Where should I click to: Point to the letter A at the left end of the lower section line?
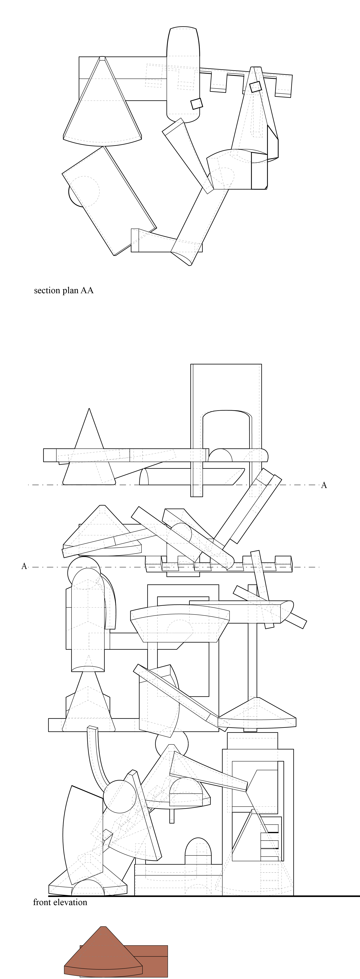(24, 566)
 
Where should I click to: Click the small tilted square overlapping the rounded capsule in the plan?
(196, 103)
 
